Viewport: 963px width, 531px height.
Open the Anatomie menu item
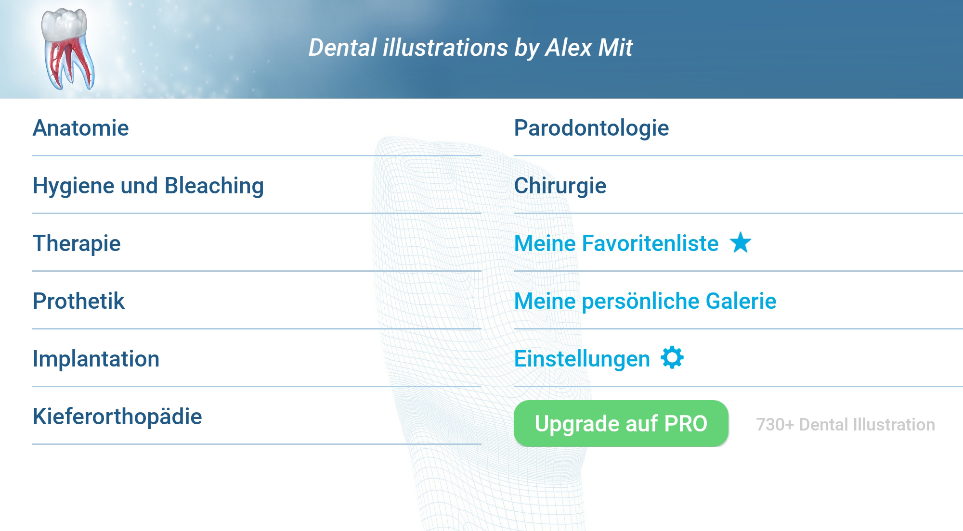pos(81,128)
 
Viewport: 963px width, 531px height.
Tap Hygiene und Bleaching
pos(148,186)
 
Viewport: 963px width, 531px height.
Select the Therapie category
pos(77,244)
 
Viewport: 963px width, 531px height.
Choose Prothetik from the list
pos(78,301)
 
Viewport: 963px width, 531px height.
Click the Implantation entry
pos(96,359)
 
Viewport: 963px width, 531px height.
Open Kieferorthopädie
pos(117,417)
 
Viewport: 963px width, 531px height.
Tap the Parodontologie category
pos(591,128)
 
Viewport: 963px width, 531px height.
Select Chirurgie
pos(560,186)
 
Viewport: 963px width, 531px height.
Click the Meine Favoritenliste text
pos(616,243)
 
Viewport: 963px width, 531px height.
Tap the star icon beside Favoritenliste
pos(741,242)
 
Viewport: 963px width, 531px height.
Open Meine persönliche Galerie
pos(645,302)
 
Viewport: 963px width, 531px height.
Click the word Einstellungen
pos(582,359)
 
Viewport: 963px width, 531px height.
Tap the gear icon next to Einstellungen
pos(672,358)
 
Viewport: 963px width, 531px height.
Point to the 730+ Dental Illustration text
pos(846,425)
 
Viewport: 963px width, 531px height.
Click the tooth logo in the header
pos(67,49)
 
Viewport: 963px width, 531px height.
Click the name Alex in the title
pos(569,48)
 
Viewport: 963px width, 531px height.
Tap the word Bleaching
pos(214,186)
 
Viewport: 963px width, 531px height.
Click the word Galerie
pos(741,301)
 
